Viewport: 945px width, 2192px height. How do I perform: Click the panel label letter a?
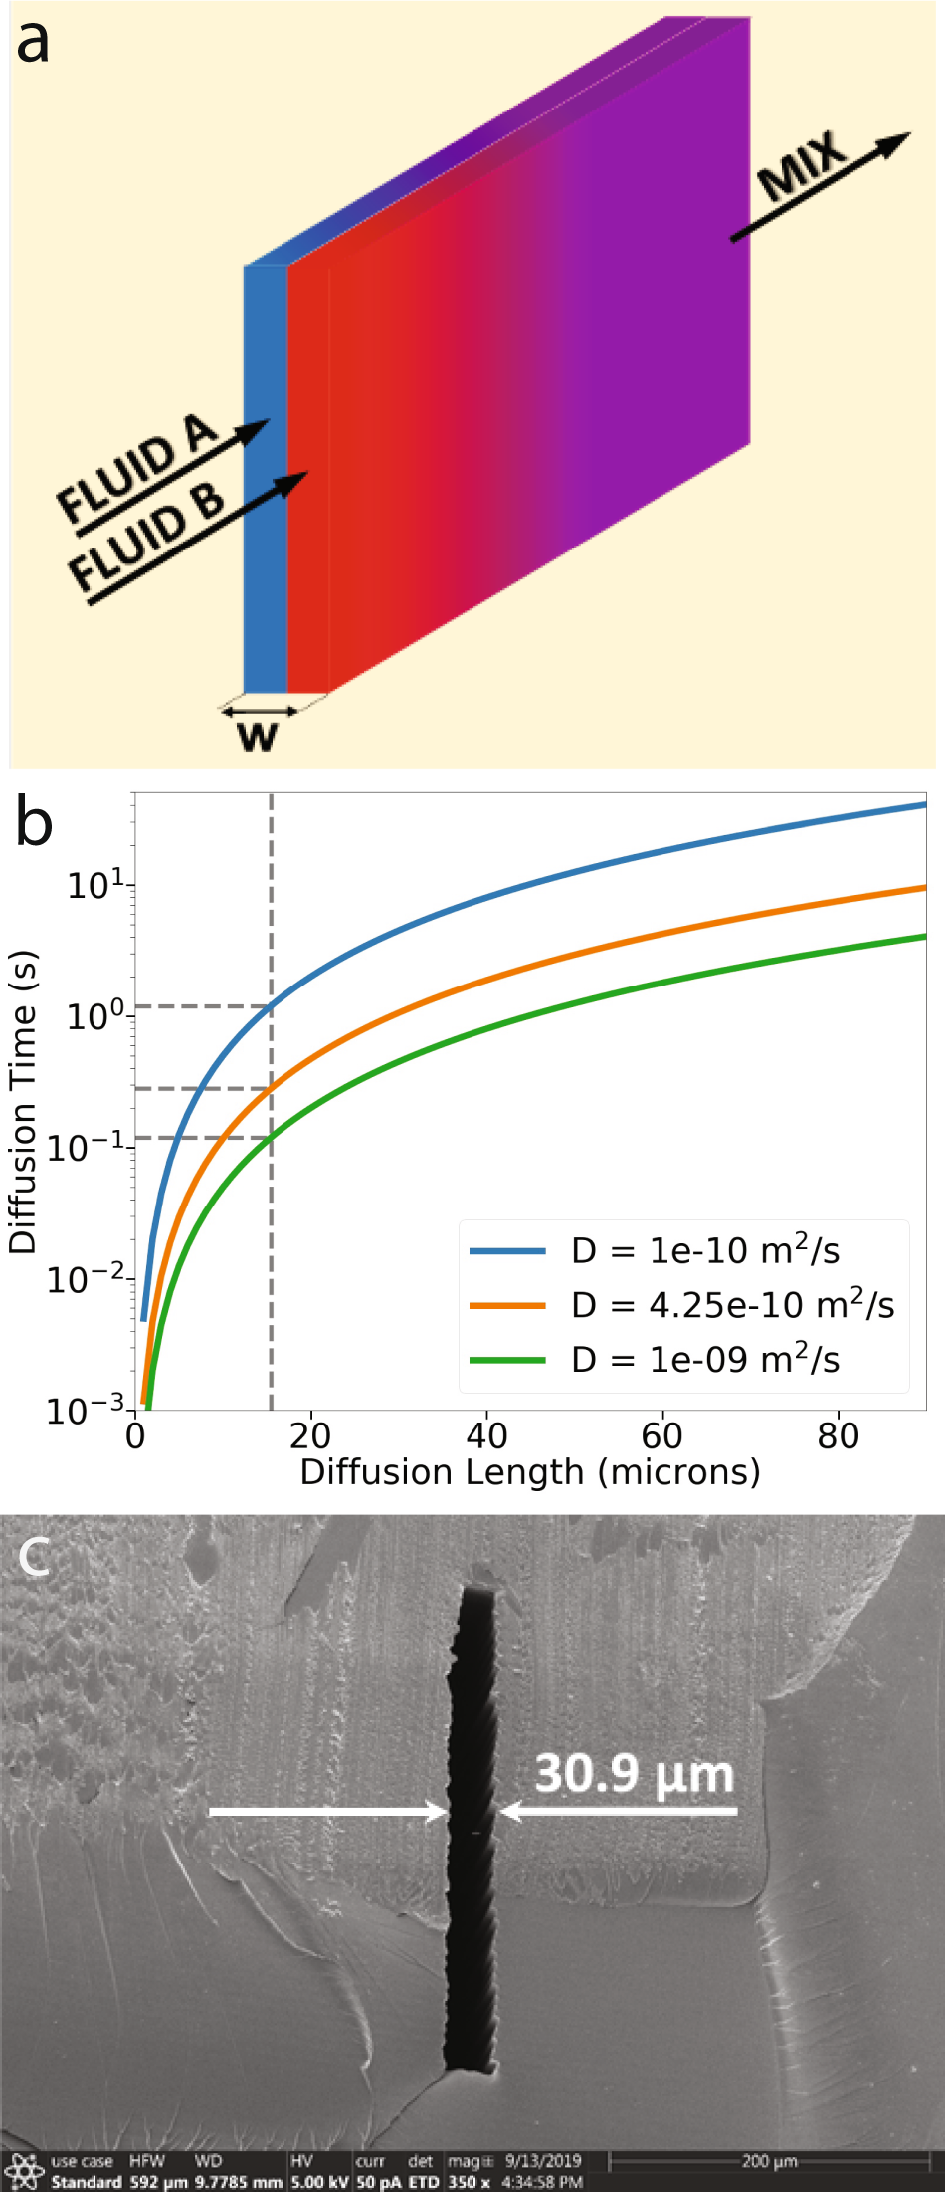pos(32,42)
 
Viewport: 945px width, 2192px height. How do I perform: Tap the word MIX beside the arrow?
pos(802,166)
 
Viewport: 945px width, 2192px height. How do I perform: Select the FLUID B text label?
pos(145,536)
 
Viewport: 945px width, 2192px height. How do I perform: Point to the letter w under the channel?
pos(258,736)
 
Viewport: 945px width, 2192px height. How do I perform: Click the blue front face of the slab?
pos(265,478)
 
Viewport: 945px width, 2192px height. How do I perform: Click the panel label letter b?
pos(34,823)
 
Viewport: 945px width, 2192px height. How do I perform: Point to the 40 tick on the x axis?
pos(486,1435)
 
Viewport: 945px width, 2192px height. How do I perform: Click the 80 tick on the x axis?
pos(838,1435)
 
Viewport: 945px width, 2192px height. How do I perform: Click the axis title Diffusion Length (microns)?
pos(530,1472)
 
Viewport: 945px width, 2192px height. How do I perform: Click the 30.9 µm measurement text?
pos(634,1773)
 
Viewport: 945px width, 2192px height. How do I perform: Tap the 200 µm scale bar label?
pos(769,2160)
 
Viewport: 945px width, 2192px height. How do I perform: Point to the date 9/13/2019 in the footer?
pos(542,2160)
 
